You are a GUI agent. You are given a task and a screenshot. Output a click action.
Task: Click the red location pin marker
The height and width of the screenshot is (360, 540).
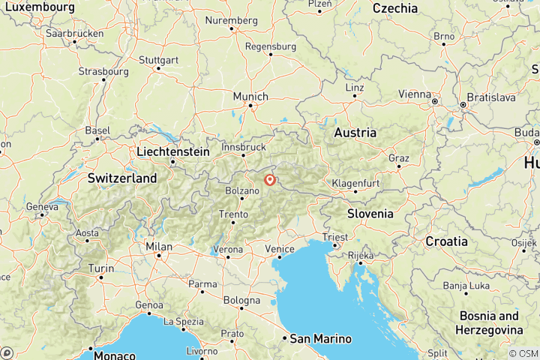pyautogui.click(x=269, y=180)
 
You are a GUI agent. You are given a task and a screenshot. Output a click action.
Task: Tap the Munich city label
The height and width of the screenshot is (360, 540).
pyautogui.click(x=250, y=97)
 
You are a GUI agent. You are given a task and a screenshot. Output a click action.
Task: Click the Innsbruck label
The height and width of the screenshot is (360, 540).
pyautogui.click(x=244, y=147)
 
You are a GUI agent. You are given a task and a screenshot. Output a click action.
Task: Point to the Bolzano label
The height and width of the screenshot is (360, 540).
pyautogui.click(x=241, y=191)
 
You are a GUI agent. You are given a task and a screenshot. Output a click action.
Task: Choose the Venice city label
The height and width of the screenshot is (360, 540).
pyautogui.click(x=279, y=248)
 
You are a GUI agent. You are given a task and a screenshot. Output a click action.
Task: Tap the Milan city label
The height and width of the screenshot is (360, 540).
pyautogui.click(x=158, y=247)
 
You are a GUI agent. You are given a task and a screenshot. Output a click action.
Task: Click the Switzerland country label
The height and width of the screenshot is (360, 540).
pyautogui.click(x=122, y=178)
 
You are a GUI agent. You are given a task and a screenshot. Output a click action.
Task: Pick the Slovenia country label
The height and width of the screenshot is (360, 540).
pyautogui.click(x=370, y=214)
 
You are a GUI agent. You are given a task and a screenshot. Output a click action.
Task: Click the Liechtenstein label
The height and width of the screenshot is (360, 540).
pyautogui.click(x=172, y=151)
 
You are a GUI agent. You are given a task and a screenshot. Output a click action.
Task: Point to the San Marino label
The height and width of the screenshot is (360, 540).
pyautogui.click(x=320, y=338)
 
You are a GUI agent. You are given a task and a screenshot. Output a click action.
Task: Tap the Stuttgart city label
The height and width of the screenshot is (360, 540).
pyautogui.click(x=157, y=59)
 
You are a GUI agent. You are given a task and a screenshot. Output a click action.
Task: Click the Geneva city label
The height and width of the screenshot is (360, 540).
pyautogui.click(x=41, y=206)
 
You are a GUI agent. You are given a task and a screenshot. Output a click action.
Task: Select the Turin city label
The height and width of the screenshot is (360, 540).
pyautogui.click(x=101, y=268)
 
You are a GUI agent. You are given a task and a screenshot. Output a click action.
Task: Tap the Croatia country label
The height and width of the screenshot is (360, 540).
pyautogui.click(x=446, y=241)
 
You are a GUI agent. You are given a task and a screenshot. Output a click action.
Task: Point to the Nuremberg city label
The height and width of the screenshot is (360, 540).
pyautogui.click(x=231, y=20)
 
